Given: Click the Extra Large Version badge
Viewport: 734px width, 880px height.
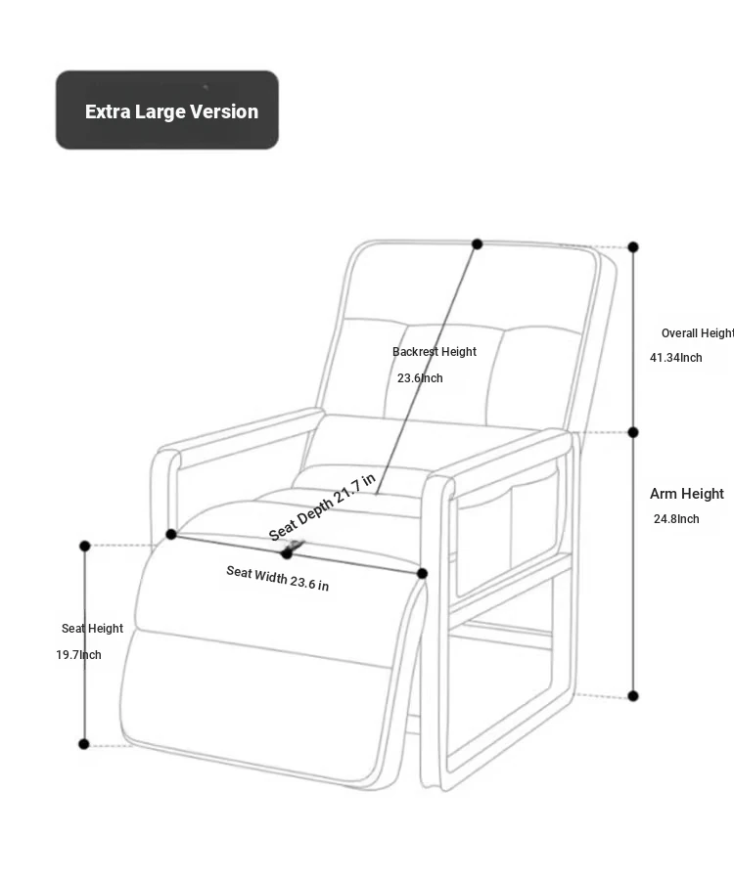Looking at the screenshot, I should pos(167,110).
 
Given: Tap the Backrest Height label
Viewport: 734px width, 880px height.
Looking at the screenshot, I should pos(435,352).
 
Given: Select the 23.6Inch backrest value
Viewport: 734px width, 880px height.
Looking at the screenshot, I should pos(420,378).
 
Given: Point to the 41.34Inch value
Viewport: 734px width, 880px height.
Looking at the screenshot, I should pos(676,358).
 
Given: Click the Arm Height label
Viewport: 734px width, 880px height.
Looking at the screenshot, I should pos(687,494).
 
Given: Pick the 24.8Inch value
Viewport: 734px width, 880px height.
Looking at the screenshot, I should pos(676,519).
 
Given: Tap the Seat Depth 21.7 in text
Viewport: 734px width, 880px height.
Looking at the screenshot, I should pos(322,507).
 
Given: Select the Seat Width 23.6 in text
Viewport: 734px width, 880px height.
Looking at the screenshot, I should pos(278,578).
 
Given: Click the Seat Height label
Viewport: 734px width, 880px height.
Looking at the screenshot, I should pos(92,629).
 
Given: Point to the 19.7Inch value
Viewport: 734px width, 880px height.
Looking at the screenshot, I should pos(78,655).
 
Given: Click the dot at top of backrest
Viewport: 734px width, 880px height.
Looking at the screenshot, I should pos(478,244).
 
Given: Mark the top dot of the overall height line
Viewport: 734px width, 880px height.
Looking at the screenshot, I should pos(633,247).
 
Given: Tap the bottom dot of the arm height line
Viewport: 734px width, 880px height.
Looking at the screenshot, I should pos(633,696).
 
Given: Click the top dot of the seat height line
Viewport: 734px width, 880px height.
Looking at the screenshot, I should pos(85,546).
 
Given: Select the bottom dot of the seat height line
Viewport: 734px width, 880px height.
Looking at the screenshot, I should pos(84,744).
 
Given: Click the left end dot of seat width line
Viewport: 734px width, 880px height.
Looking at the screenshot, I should pos(171,534).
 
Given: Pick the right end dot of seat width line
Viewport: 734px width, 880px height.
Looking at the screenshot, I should pos(423,574).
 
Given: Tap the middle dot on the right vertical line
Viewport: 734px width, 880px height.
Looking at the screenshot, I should pos(633,432).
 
